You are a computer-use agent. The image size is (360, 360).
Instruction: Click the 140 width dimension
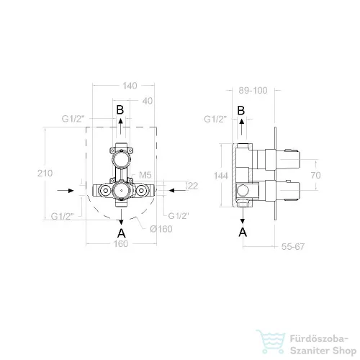click(130, 86)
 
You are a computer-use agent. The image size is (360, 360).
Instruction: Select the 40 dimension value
click(148, 101)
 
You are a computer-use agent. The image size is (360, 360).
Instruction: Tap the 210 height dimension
click(45, 173)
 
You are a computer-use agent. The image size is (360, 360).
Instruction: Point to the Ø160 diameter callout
click(161, 229)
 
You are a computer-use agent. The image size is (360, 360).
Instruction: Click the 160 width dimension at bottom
click(121, 244)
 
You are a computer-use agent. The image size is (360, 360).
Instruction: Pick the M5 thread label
click(145, 175)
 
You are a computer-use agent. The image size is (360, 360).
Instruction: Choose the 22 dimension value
click(192, 186)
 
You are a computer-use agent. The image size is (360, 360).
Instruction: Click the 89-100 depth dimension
click(253, 91)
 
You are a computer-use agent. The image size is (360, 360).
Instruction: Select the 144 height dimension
click(221, 176)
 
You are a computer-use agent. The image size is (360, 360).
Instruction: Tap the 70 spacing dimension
click(316, 175)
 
